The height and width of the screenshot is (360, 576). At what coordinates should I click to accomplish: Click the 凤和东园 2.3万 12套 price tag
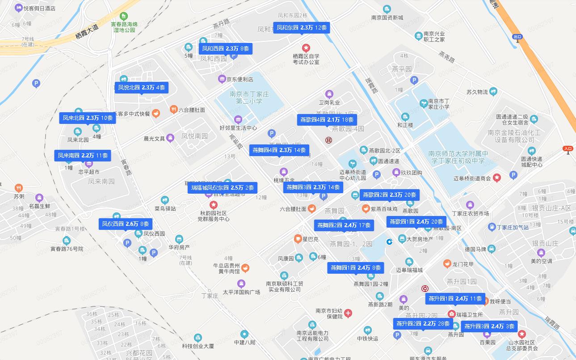point(302,28)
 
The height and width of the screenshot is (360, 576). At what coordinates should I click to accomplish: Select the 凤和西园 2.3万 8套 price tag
point(226,48)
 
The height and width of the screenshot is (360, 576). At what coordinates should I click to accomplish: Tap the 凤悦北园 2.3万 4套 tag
point(142,88)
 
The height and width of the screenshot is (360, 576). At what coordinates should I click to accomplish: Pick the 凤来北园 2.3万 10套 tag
point(88,118)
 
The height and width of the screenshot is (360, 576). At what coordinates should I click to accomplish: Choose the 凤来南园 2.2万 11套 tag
point(83,156)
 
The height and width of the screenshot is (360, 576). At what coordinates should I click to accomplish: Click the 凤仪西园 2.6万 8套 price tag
point(126,224)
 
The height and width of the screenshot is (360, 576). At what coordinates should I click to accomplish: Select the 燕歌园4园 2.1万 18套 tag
point(327,120)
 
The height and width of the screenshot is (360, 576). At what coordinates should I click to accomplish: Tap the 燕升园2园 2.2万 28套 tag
point(422,323)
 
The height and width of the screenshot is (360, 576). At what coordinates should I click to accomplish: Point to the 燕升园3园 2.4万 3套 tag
point(489,326)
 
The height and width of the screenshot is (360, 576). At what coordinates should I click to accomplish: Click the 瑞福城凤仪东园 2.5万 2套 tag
point(223,188)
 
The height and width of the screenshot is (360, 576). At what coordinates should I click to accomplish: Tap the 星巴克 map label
point(311,239)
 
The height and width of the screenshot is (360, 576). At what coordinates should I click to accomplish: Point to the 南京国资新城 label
point(387,18)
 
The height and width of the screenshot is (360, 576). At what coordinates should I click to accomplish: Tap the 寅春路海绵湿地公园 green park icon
point(125,15)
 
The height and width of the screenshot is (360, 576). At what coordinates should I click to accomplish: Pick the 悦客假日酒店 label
point(39,8)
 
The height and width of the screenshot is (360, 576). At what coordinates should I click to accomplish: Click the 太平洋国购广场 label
point(241,292)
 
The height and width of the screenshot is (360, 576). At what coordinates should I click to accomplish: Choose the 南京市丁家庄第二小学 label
point(249,97)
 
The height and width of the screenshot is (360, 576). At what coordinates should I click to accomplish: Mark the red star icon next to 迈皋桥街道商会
point(496,178)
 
